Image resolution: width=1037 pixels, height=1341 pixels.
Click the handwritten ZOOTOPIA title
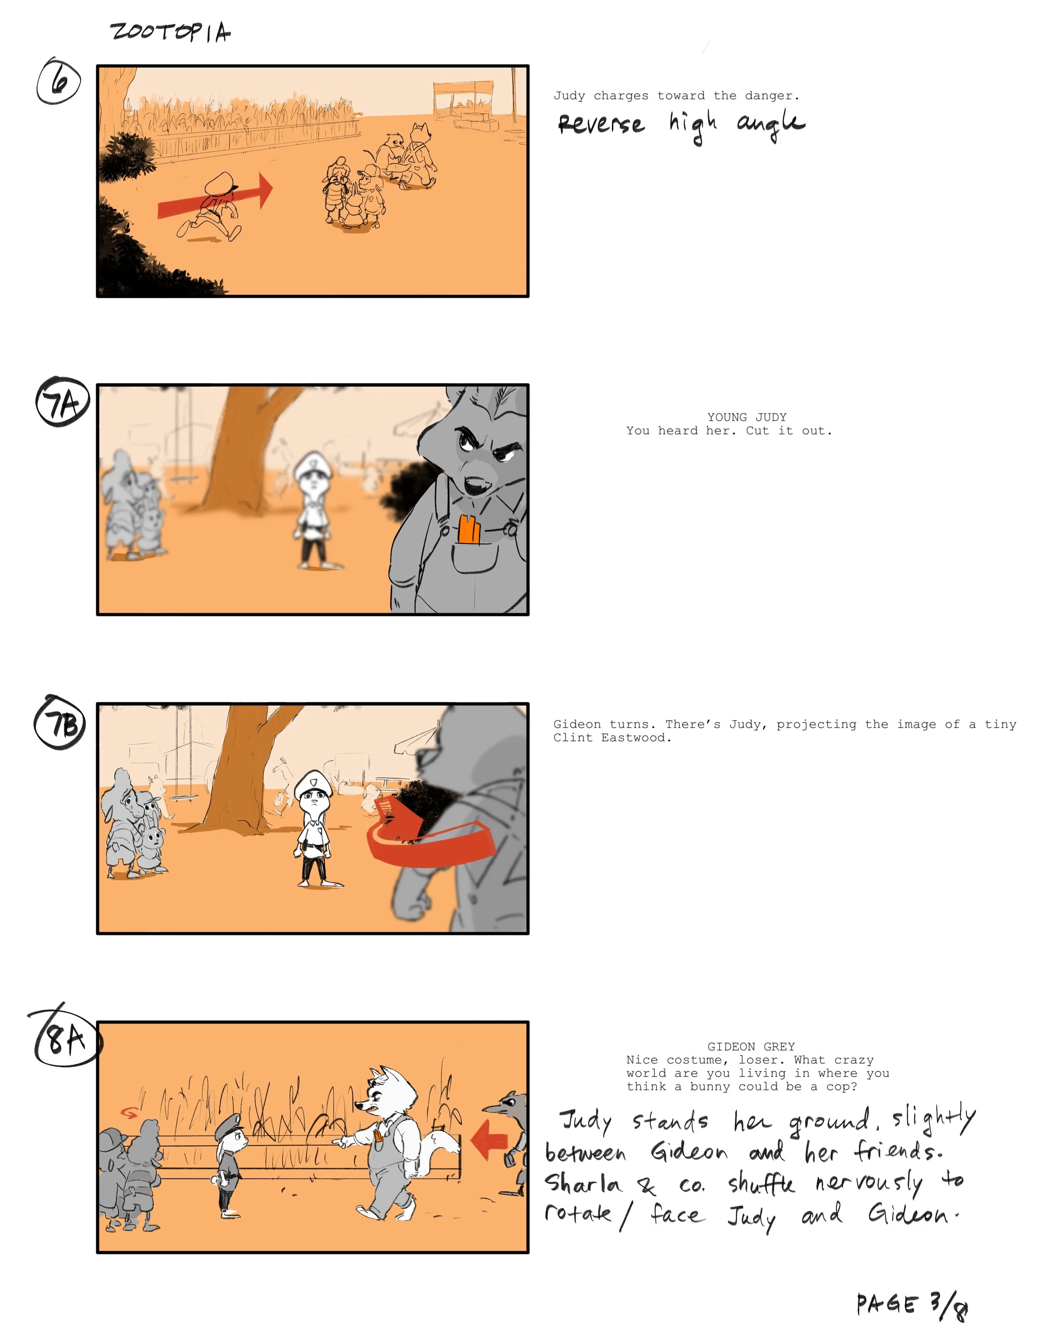[170, 32]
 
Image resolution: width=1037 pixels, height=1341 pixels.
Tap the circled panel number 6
[58, 82]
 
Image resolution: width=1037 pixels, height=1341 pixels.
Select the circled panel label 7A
[62, 402]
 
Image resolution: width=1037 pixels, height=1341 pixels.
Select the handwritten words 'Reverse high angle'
[681, 125]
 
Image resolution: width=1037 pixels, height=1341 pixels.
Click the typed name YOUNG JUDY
[746, 417]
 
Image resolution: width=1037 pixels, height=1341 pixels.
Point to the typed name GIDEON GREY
[751, 1046]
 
